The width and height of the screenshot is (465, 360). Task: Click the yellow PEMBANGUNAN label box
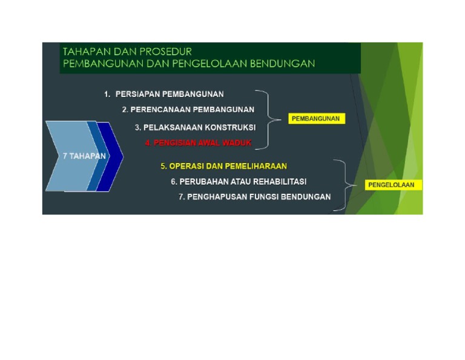pyautogui.click(x=315, y=119)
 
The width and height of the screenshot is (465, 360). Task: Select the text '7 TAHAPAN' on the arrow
pyautogui.click(x=84, y=156)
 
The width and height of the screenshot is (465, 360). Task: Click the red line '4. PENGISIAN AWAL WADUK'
pyautogui.click(x=198, y=144)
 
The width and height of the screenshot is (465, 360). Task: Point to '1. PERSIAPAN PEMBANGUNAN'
pyautogui.click(x=163, y=94)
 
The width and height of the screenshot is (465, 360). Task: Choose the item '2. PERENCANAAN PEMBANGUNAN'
pyautogui.click(x=188, y=110)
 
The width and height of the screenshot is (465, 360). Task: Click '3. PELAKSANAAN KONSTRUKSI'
pyautogui.click(x=195, y=127)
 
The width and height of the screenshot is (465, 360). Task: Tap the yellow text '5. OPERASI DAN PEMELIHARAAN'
pyautogui.click(x=223, y=165)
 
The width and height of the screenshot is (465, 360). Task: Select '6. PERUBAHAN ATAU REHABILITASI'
pyautogui.click(x=239, y=181)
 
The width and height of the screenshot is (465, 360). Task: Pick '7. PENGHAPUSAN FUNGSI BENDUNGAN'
pyautogui.click(x=255, y=196)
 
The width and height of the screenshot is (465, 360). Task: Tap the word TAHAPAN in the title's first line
pyautogui.click(x=88, y=52)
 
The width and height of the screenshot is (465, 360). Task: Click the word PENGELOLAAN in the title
pyautogui.click(x=204, y=64)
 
